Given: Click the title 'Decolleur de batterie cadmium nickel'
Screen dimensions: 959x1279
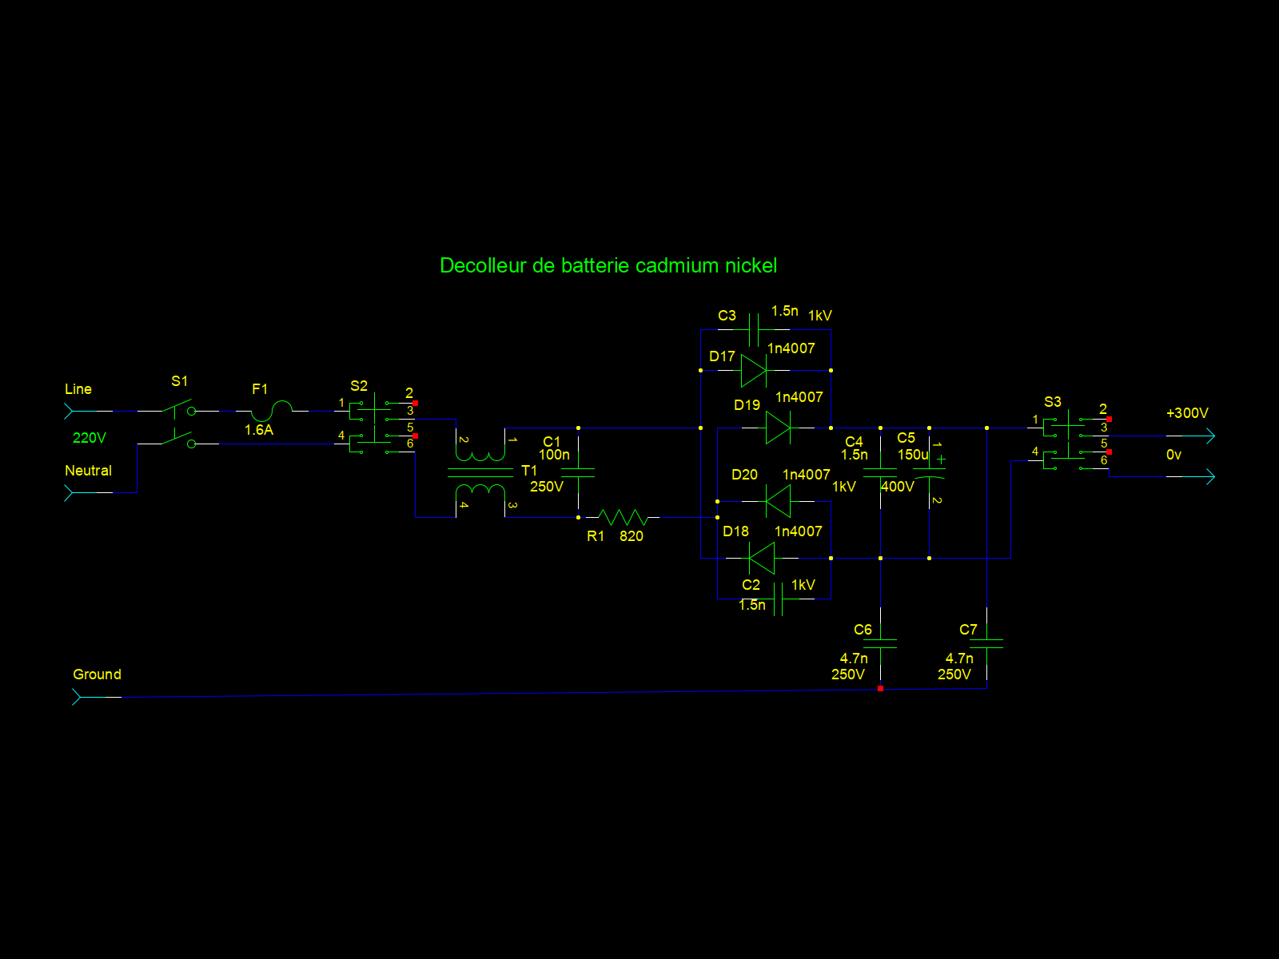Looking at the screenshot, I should coord(608,265).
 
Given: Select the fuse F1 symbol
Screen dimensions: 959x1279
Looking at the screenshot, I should coord(272,411).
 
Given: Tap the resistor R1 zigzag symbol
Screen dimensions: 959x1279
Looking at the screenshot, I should coord(623,517).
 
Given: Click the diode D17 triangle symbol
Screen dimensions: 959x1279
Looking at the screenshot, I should coord(755,370).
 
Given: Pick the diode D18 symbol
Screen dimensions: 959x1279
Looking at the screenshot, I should coord(762,558).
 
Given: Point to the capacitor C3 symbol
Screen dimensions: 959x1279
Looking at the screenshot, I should coord(754,329).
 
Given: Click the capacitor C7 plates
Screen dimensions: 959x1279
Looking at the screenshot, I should coord(986,643).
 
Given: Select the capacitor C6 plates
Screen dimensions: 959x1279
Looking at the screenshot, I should coord(880,643).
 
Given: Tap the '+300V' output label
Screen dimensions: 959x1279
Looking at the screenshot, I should coord(1187,413).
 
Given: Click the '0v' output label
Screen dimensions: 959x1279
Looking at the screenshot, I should coord(1173,455).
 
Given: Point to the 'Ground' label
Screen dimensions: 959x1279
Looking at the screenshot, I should coord(97,674).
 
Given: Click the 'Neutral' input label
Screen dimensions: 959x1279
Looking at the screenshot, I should coord(88,471).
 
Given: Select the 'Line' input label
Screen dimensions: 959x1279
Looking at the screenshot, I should coord(78,389).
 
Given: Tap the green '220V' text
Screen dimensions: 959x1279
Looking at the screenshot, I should coord(89,438).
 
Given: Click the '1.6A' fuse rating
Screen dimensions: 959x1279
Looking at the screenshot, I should coord(259,430).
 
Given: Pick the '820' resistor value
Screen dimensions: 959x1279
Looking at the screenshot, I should coord(631,536).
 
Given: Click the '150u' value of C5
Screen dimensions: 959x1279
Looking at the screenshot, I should coord(913,455).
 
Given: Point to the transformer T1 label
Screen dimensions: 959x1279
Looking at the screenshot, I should coord(529,471).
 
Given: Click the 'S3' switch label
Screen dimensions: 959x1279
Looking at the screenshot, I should coord(1053,402).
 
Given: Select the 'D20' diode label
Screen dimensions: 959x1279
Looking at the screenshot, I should coord(744,475).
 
